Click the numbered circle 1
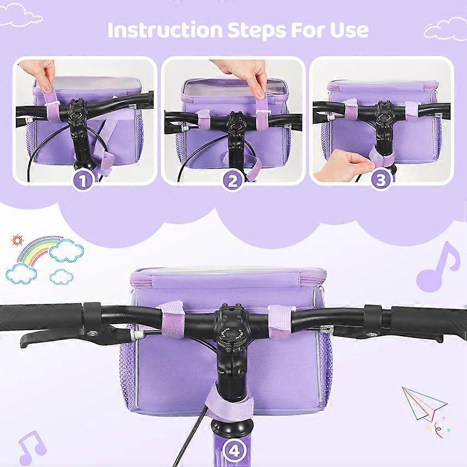tap(84, 181)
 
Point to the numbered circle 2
tap(233, 181)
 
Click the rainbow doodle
tap(38, 249)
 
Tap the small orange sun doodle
tap(16, 240)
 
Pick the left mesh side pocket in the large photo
tap(127, 376)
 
